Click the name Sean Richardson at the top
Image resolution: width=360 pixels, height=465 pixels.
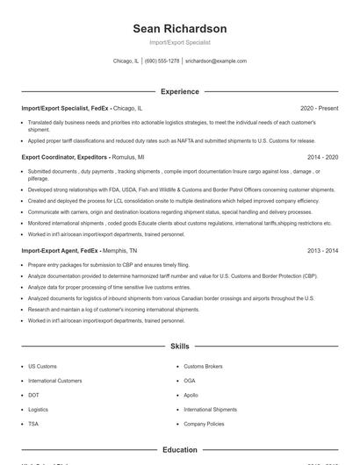pyautogui.click(x=179, y=29)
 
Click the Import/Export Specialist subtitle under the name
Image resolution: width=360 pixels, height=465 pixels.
pyautogui.click(x=179, y=42)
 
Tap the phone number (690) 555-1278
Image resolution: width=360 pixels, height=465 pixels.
pyautogui.click(x=162, y=61)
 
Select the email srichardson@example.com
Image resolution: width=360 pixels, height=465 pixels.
pyautogui.click(x=216, y=61)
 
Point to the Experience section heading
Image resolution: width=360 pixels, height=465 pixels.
pyautogui.click(x=179, y=91)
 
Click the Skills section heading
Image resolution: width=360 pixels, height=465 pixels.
pyautogui.click(x=179, y=347)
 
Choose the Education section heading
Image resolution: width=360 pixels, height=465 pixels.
pyautogui.click(x=179, y=450)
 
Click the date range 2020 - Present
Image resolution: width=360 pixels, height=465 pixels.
pyautogui.click(x=319, y=108)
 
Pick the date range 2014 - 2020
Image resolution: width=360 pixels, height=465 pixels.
pyautogui.click(x=322, y=156)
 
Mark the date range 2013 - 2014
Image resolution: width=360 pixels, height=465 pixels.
pyautogui.click(x=322, y=250)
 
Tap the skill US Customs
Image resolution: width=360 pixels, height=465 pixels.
pyautogui.click(x=42, y=366)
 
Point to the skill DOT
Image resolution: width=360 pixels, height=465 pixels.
pyautogui.click(x=33, y=395)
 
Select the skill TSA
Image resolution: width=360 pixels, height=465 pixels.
pyautogui.click(x=33, y=424)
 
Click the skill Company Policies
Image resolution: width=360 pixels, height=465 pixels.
pyautogui.click(x=204, y=424)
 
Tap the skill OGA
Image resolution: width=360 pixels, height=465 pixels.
pyautogui.click(x=190, y=381)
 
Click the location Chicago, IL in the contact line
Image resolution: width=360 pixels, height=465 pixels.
pyautogui.click(x=126, y=61)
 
